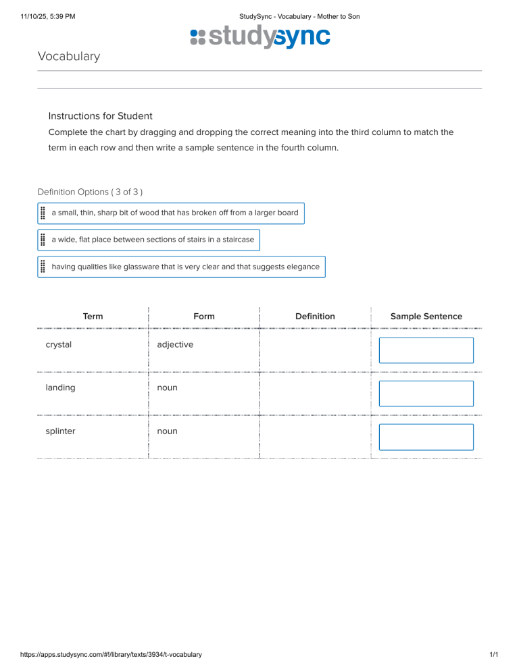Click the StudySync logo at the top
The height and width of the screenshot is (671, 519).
[260, 37]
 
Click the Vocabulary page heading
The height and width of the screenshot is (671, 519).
[69, 56]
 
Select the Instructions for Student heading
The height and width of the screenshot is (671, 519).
[100, 116]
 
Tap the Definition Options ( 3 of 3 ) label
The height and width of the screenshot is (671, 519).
[90, 192]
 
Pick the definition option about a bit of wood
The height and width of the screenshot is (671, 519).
[174, 213]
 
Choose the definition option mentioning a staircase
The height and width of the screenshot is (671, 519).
[153, 240]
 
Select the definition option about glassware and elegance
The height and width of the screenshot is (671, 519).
[185, 267]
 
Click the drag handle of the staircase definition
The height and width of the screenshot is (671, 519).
[43, 240]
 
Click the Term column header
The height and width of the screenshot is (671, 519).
[93, 316]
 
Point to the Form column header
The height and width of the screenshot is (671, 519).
[203, 316]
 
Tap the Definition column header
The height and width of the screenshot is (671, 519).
[315, 316]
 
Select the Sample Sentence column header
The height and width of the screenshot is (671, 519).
[426, 316]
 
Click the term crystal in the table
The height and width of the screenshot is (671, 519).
[59, 344]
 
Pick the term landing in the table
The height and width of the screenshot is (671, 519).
[60, 387]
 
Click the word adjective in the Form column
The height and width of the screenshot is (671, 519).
[175, 344]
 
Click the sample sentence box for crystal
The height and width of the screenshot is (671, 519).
[426, 350]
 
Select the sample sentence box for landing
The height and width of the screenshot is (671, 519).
[426, 394]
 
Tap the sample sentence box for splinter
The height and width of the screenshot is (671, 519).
[426, 437]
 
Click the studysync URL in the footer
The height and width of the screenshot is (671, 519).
[111, 654]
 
